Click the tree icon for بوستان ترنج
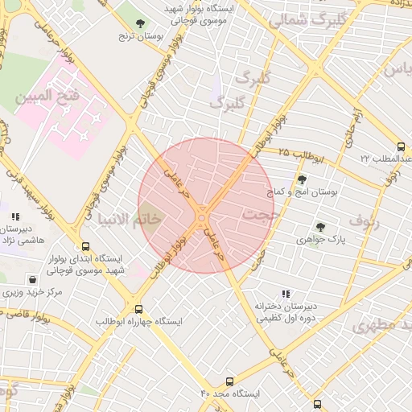141,23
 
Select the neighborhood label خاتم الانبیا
129,219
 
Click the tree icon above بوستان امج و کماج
302,180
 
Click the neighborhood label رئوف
364,219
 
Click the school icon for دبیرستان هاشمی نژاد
15,216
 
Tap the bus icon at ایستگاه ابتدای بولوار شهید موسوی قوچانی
85,246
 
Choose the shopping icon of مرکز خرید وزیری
31,280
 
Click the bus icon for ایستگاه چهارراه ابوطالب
139,308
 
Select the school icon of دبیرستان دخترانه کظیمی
287,294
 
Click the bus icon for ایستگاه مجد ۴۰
230,381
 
